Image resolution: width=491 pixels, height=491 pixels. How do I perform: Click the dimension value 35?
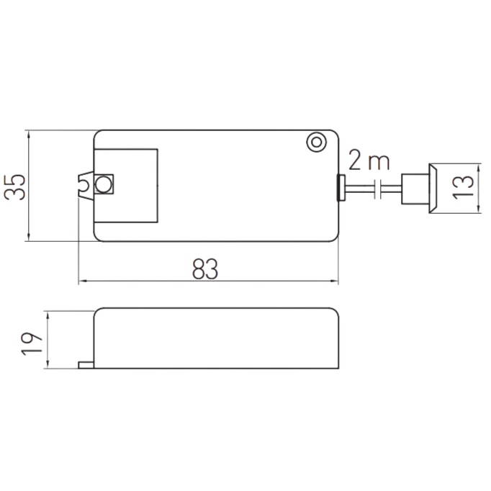(14, 187)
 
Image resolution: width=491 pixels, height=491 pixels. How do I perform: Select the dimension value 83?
(205, 269)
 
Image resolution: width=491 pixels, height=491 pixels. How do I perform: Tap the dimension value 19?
(31, 343)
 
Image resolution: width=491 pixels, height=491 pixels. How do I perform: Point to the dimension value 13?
(463, 187)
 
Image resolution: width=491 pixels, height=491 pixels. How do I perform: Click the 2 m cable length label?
(369, 161)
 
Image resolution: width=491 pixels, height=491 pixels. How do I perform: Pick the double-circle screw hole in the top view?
(316, 143)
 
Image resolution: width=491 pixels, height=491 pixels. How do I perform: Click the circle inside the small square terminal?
(103, 184)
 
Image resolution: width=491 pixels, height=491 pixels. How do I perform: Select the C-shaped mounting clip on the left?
(85, 185)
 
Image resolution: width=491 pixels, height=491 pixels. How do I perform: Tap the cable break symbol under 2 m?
(378, 189)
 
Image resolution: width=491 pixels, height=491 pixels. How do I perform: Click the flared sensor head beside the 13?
(433, 188)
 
